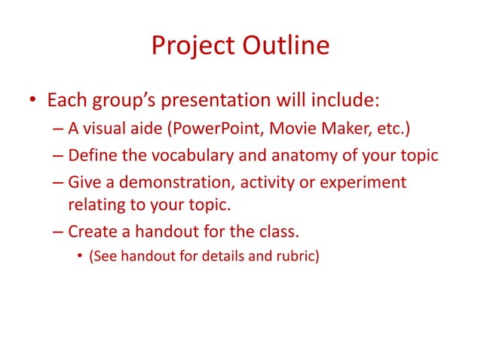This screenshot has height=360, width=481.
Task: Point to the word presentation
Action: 247,100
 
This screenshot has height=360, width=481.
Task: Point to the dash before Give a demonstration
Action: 59,183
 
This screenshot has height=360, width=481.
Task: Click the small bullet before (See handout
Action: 81,256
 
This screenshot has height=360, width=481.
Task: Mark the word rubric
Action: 296,256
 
